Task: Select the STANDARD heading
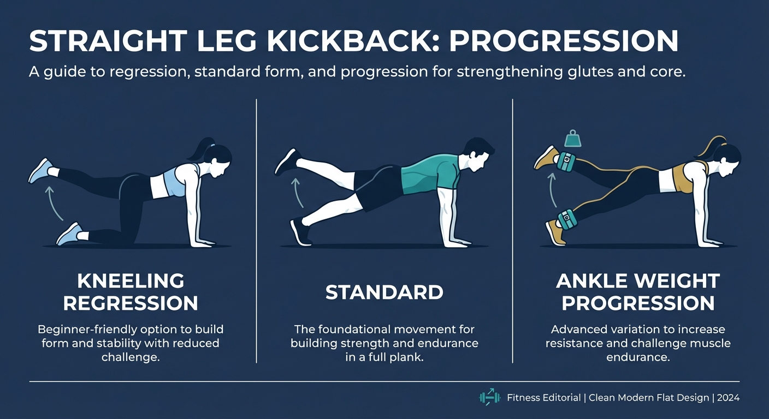click(384, 292)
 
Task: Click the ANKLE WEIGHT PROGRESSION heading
click(638, 292)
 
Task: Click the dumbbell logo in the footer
click(490, 397)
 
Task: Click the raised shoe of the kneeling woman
click(41, 171)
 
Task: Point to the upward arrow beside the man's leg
click(298, 192)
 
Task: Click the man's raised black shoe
click(287, 161)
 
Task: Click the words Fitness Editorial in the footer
click(543, 398)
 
